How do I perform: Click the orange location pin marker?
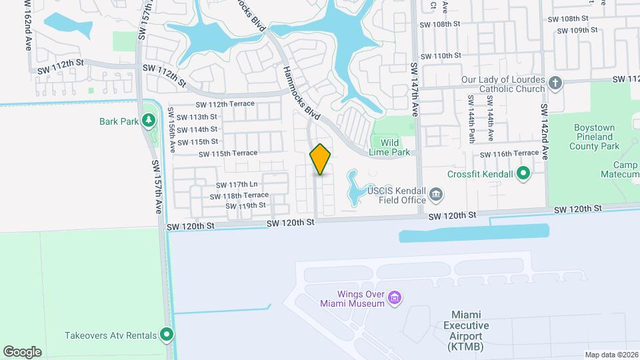click(321, 159)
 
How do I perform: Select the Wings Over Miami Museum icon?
click(395, 297)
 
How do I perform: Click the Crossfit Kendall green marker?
click(523, 175)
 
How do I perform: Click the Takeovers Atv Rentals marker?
click(167, 335)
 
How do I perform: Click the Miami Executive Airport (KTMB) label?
click(467, 331)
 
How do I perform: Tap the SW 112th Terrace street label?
click(225, 104)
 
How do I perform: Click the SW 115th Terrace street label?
click(227, 153)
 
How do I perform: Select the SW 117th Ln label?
click(237, 185)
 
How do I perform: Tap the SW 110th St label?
click(439, 56)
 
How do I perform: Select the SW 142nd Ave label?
click(545, 131)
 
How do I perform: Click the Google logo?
click(22, 351)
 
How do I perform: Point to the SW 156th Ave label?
click(172, 131)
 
